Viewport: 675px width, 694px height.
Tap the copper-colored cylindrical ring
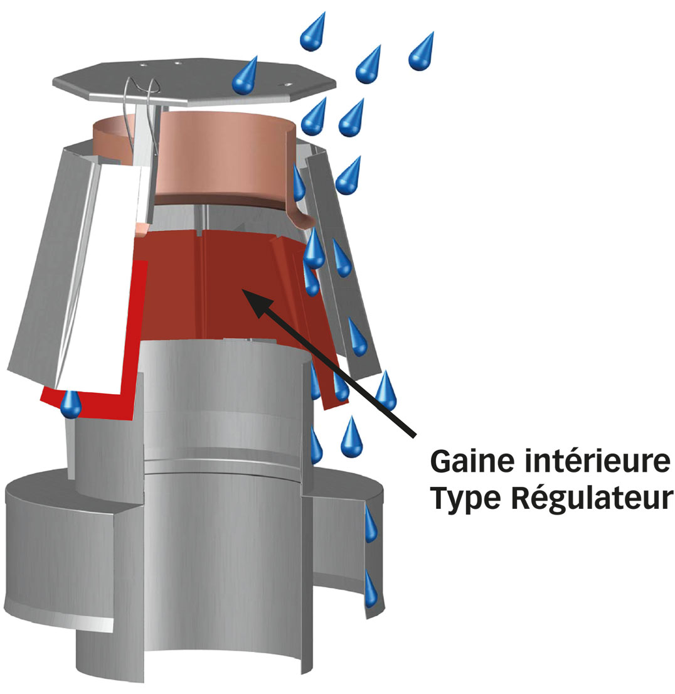click(226, 157)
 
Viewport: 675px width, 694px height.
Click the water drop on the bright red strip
click(71, 405)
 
